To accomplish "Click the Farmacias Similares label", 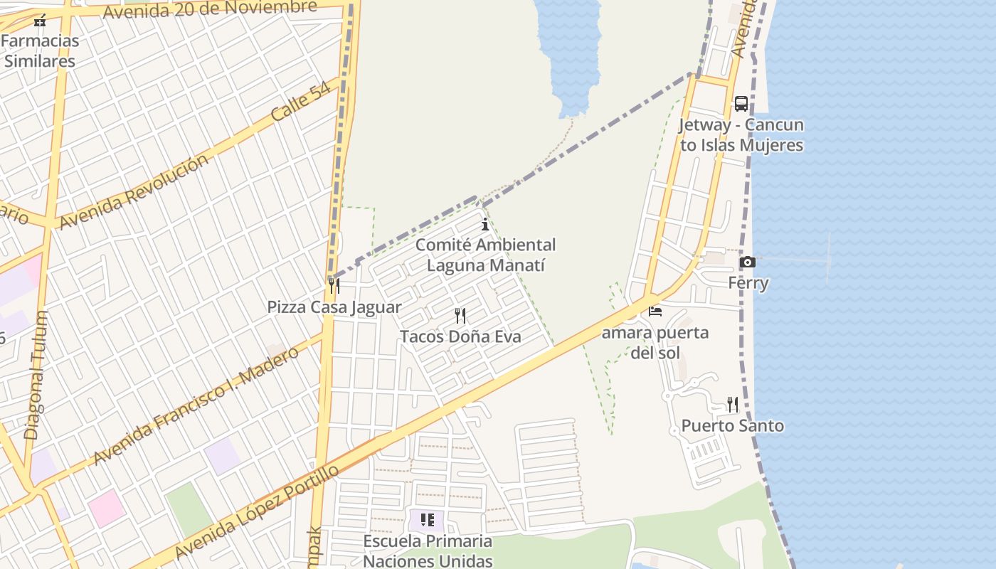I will coord(40,50).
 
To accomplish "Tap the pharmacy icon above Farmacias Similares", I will coord(40,21).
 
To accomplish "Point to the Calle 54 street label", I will coord(301,101).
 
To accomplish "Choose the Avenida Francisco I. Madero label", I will coord(196,406).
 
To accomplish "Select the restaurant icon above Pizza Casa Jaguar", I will coord(334,285).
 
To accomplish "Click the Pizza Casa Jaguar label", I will coord(334,307).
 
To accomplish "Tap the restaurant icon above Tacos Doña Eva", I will coord(460,315).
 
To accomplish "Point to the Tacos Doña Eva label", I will coord(460,336).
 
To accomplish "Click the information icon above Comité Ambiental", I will coord(485,225).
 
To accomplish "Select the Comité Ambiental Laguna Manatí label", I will coord(485,255).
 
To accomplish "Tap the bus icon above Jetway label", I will coord(741,104).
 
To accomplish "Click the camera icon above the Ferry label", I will coord(747,262).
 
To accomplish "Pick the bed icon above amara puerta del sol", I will coord(655,312).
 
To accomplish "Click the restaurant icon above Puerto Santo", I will coord(732,405).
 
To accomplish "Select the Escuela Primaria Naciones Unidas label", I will coord(428,551).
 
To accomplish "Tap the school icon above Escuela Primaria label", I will coord(427,520).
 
